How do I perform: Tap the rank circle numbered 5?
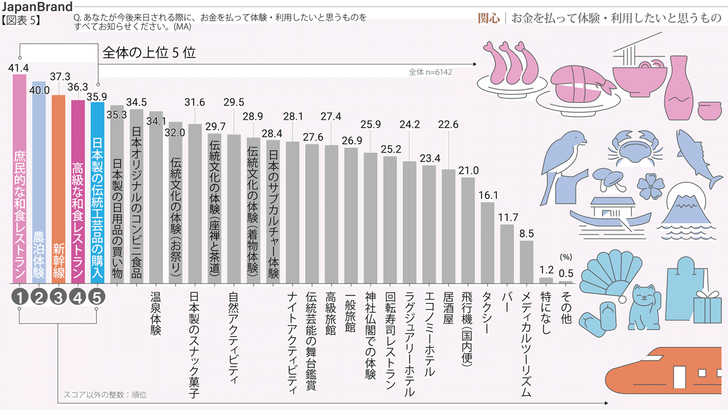pyautogui.click(x=98, y=297)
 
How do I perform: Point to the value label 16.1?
pyautogui.click(x=488, y=195)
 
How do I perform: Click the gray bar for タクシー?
pyautogui.click(x=487, y=243)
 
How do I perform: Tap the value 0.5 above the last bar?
pyautogui.click(x=565, y=272)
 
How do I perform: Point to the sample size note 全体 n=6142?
pyautogui.click(x=430, y=72)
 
